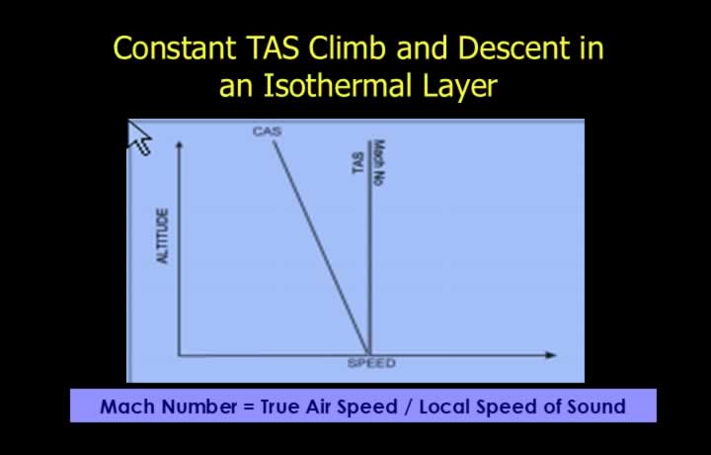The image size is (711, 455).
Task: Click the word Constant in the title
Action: pos(175,47)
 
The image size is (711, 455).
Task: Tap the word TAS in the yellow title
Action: pos(273,47)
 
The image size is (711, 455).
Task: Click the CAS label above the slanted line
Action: pos(267,132)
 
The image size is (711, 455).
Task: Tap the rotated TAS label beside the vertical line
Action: pos(358,162)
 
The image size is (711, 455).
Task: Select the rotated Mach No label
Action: pos(379,162)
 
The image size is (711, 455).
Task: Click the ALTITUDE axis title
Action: pos(162,235)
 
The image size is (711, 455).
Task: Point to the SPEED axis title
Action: pos(371,363)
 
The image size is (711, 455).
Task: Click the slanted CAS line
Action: pos(321,247)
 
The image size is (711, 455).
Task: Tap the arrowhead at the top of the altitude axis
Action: pos(179,144)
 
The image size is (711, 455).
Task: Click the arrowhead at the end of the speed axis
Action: pos(551,355)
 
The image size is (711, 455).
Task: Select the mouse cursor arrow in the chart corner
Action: pos(139,137)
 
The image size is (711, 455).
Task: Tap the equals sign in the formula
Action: pos(249,407)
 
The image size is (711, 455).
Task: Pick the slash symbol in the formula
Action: pos(409,407)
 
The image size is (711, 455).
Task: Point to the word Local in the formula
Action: pos(444,407)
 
